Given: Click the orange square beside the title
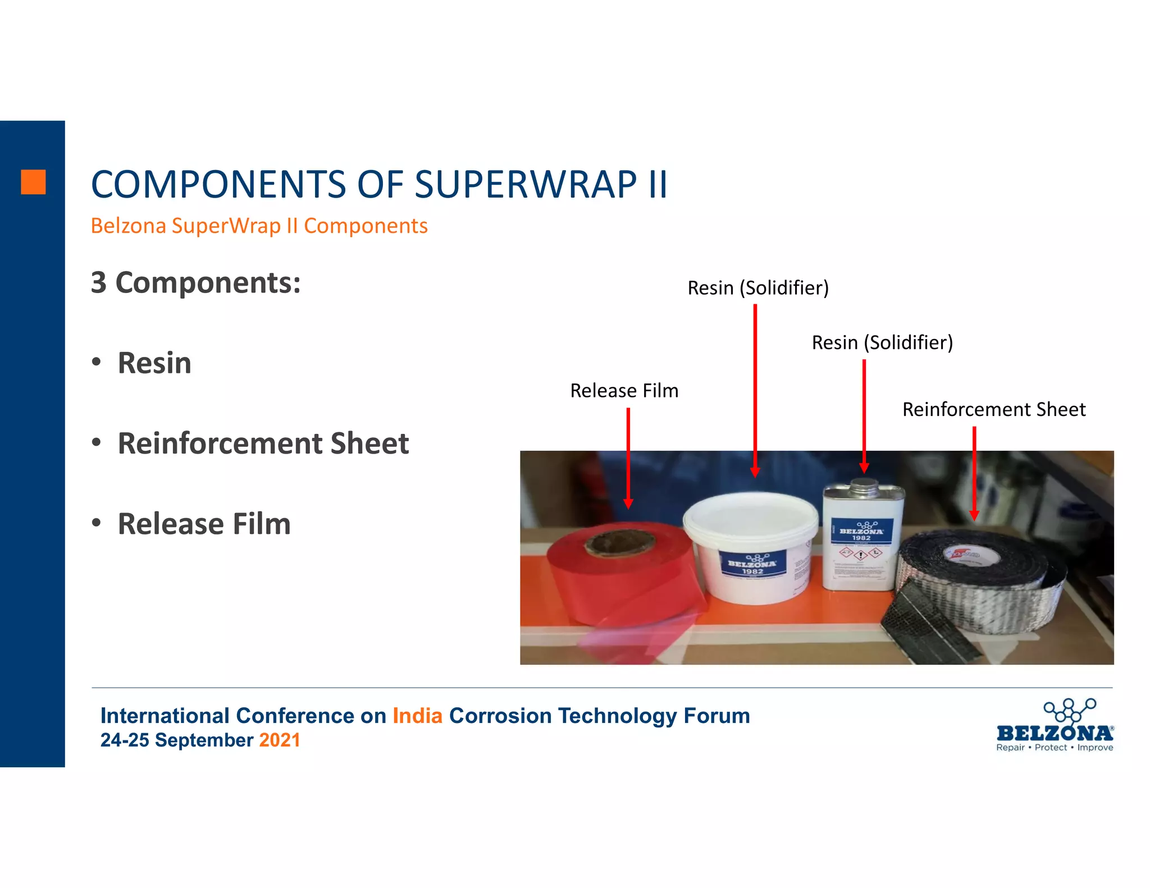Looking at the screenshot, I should (x=33, y=182).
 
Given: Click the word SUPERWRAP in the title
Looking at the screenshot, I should (x=526, y=185).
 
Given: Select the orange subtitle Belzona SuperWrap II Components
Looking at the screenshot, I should (x=259, y=226).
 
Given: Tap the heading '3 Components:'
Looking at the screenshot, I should (x=195, y=282).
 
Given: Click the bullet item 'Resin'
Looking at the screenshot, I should (x=154, y=363).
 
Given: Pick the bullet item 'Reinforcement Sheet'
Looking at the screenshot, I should (x=263, y=443).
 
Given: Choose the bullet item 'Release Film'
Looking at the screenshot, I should (x=204, y=524).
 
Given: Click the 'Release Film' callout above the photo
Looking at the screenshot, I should (x=624, y=391).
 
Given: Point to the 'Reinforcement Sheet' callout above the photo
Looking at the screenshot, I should (x=993, y=409).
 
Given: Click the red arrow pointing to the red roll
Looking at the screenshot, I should (x=628, y=457).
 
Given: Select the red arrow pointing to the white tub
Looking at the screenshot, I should (x=755, y=390).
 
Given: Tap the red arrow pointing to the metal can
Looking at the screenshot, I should (x=864, y=415).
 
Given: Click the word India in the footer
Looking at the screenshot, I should (x=417, y=716).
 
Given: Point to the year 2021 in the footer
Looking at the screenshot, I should (x=279, y=740).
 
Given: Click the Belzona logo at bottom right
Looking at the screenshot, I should (x=1055, y=726).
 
